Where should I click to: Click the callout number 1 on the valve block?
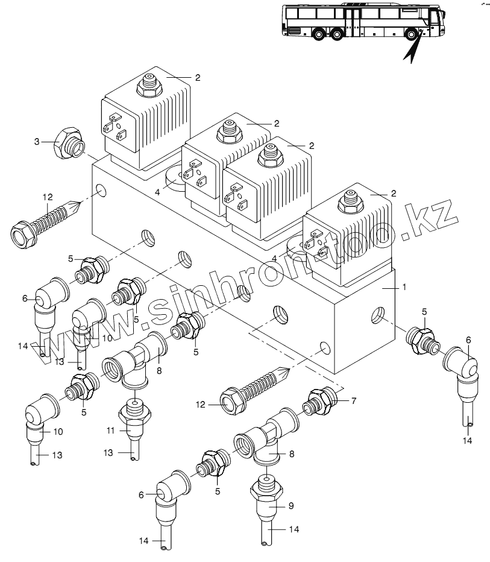click(x=404, y=288)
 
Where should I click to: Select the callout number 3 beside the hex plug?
click(x=37, y=142)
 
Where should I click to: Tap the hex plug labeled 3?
click(x=68, y=145)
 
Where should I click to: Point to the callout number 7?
click(x=354, y=400)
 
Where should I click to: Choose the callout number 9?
click(x=290, y=506)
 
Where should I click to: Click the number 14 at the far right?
click(x=468, y=441)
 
